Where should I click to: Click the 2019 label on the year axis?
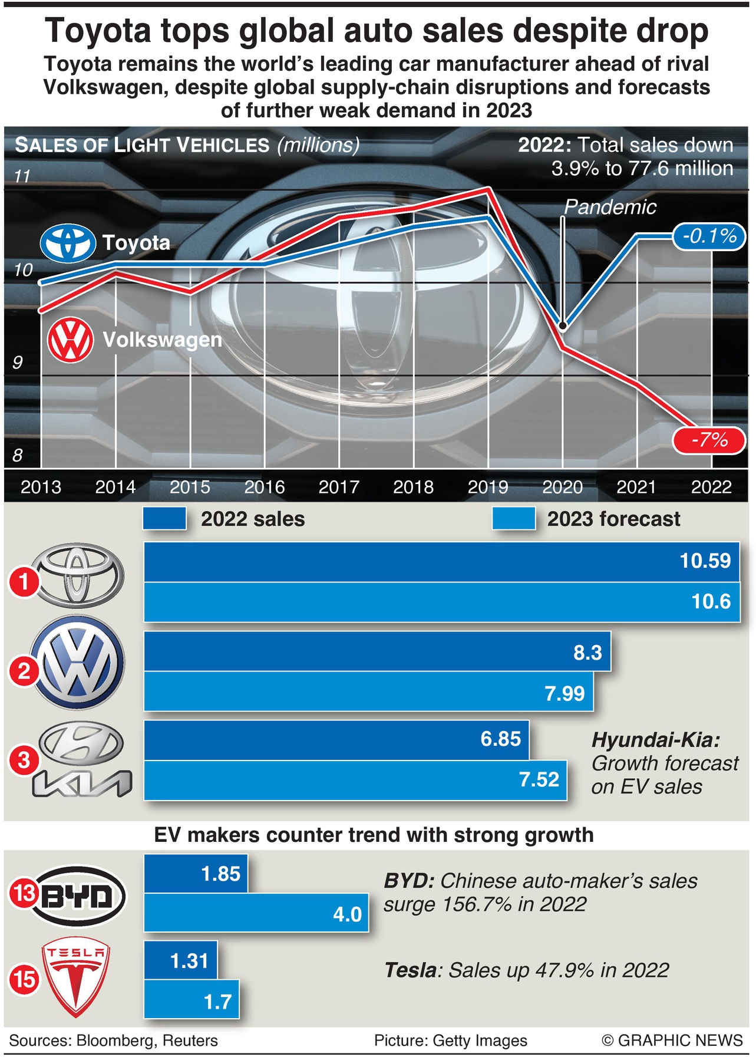(487, 487)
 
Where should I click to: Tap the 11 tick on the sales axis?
(22, 176)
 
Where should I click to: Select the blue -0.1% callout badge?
(709, 236)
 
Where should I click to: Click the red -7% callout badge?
(709, 440)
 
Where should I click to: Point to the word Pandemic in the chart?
(610, 207)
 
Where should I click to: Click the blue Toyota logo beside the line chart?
(68, 242)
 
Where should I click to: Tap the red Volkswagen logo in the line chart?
(70, 340)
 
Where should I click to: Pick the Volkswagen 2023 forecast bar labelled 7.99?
(368, 692)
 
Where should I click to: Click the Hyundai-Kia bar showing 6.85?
(336, 739)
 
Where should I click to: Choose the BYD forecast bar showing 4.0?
(256, 913)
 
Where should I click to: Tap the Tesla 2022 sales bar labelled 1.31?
(180, 960)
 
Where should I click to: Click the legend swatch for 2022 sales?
(164, 519)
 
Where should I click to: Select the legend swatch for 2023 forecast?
(514, 519)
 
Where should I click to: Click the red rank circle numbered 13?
(24, 894)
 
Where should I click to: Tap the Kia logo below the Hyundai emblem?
(82, 784)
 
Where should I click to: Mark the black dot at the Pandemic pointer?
(563, 326)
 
